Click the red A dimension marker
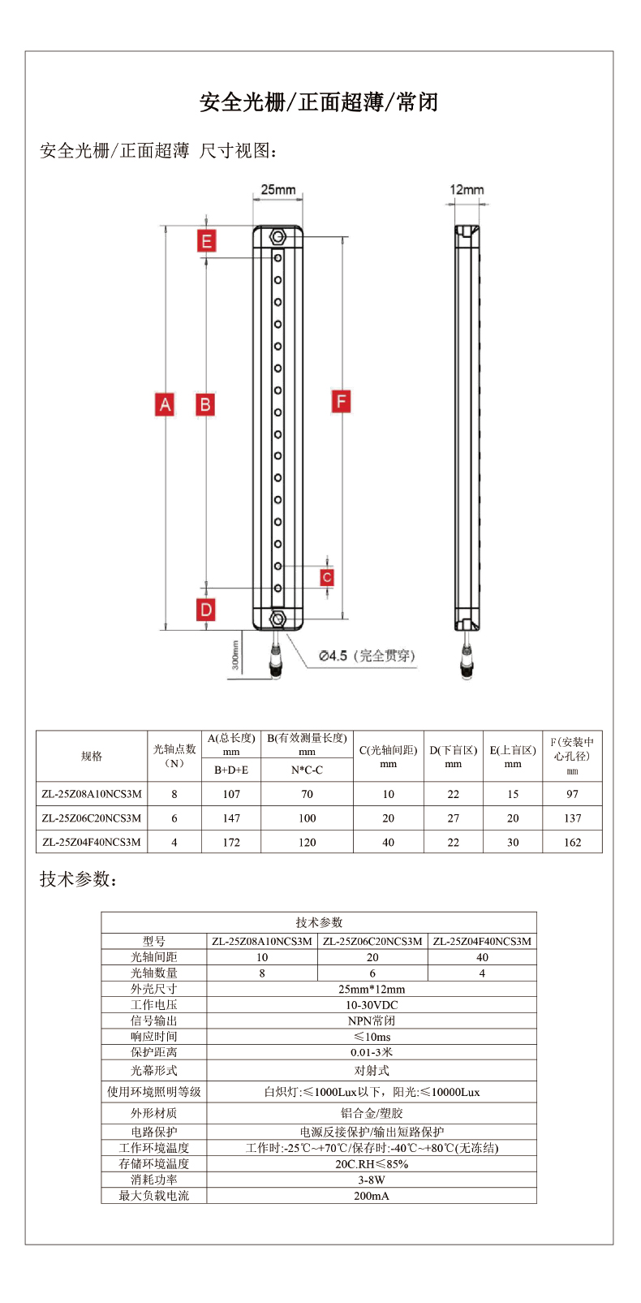pos(165,404)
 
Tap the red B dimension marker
pos(205,404)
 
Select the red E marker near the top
pos(207,241)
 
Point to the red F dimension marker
pos(342,401)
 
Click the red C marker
pos(326,577)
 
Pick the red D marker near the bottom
pos(206,610)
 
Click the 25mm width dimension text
pos(278,190)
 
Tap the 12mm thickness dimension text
pos(467,190)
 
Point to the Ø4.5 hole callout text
pos(366,656)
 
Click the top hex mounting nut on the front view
pos(277,238)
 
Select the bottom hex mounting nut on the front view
pos(277,619)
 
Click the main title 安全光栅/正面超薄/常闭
pos(319,102)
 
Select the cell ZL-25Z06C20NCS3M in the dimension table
pos(92,818)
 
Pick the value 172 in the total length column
pos(231,843)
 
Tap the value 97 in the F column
pos(572,794)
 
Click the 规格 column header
pos(92,756)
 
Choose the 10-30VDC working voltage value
pos(372,1005)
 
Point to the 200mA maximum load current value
pos(372,1196)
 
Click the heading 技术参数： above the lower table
pos(79,879)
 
